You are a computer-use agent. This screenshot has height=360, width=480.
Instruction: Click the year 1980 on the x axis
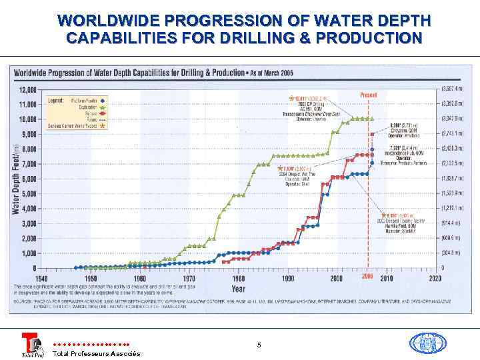point(238,278)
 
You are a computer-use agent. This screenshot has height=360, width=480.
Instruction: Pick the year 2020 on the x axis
point(435,278)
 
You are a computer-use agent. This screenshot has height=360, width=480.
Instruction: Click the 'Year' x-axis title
point(238,289)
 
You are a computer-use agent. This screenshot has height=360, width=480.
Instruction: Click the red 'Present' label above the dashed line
point(369,95)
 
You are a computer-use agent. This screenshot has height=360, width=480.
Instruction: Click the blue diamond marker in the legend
point(103,100)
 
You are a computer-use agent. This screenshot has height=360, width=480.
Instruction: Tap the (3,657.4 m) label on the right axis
point(454,89)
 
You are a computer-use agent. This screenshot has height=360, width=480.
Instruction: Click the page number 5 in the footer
point(259,345)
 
